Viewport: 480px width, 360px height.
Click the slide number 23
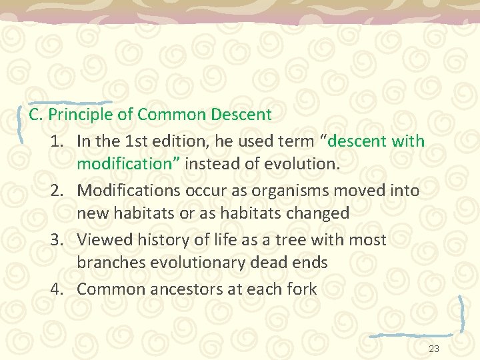(434, 349)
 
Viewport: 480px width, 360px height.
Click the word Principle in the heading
(81, 115)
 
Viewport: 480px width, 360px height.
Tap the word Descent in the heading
(241, 115)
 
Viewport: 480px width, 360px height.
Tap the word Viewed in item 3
(100, 239)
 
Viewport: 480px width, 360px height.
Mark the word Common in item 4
(111, 289)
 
